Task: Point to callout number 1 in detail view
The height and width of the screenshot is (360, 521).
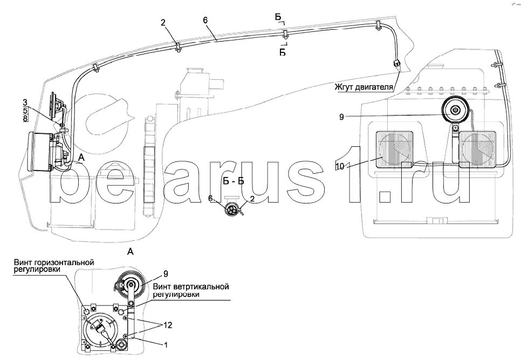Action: coord(165,343)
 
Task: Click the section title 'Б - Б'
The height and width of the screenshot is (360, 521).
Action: coord(234,180)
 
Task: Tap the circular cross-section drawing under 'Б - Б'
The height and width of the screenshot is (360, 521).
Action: coord(234,210)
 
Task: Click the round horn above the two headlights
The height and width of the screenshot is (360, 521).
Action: coord(455,112)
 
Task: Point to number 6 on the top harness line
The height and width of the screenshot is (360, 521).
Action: coord(205,20)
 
